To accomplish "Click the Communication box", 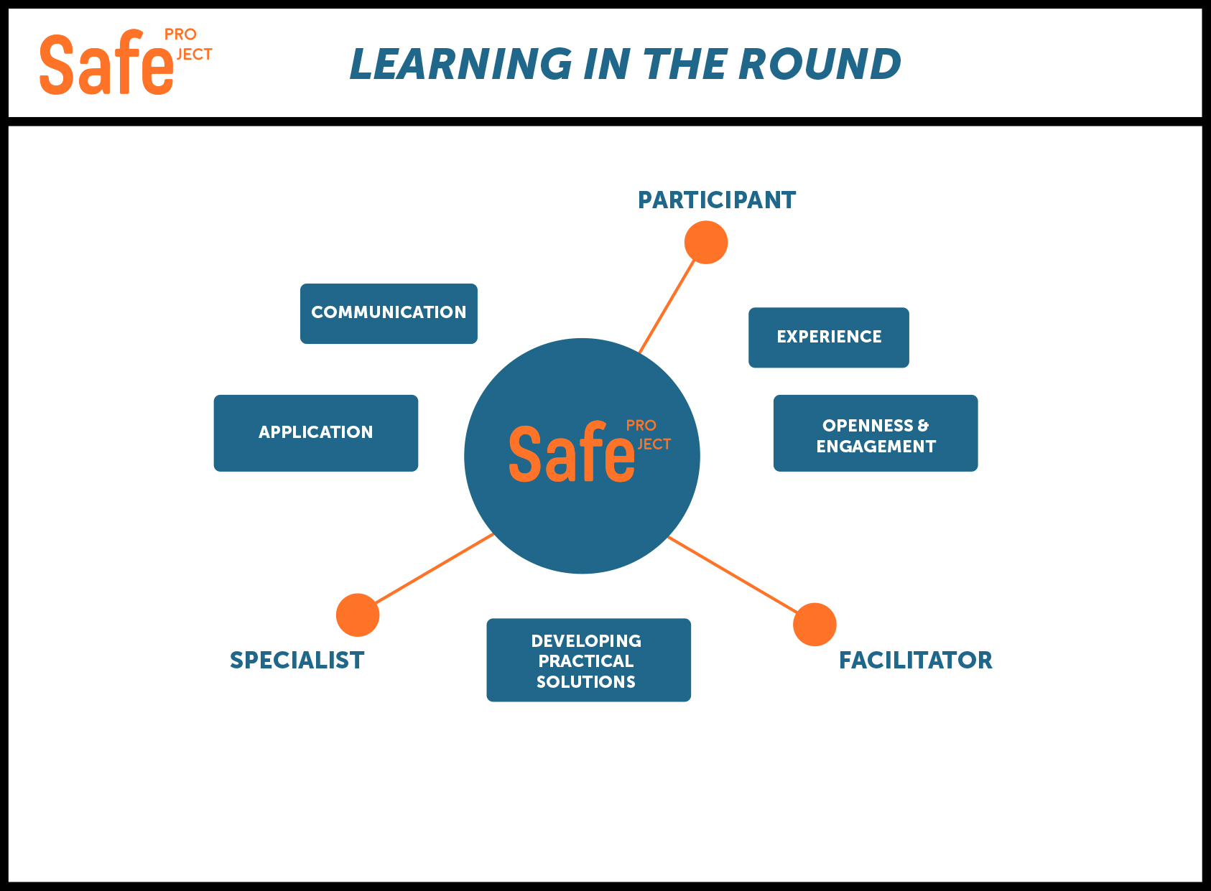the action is point(389,313).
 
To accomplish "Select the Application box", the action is point(316,433).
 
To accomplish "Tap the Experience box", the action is point(829,337).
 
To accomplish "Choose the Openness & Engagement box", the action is point(876,433).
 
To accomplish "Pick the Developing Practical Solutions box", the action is point(589,660).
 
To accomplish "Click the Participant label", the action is point(717,200).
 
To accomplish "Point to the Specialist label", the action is point(297,661).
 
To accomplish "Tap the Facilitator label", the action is point(916,661).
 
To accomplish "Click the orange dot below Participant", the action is point(706,242).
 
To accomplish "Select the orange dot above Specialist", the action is point(358,615).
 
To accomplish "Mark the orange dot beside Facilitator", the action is point(815,625).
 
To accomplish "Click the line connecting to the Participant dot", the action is point(667,307).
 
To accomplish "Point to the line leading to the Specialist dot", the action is point(434,569).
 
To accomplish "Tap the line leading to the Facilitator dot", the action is point(733,575).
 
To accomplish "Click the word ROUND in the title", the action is point(820,64).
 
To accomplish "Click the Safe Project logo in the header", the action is point(126,62).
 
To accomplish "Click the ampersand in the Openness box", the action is point(923,426).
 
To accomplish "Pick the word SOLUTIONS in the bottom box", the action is point(586,682).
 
